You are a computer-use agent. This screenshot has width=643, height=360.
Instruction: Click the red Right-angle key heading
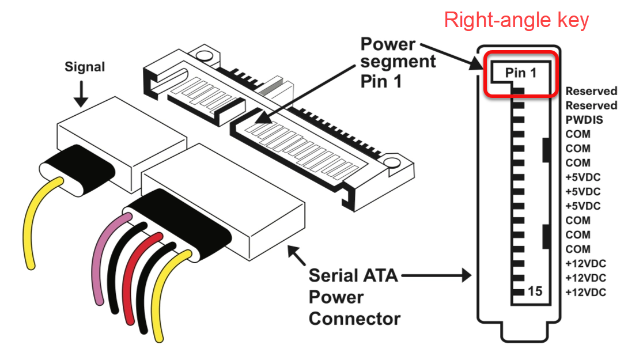coord(516,21)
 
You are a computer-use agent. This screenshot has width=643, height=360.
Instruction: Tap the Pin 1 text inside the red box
coord(520,73)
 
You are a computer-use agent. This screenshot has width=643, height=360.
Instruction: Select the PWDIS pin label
coord(584,120)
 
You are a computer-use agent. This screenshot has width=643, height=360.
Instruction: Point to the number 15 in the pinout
coord(535,292)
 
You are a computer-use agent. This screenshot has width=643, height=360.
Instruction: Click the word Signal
coord(84,67)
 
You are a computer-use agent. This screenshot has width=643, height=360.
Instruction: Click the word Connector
coord(354,318)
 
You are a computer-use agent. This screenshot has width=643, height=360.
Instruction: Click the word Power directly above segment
coord(388,44)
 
